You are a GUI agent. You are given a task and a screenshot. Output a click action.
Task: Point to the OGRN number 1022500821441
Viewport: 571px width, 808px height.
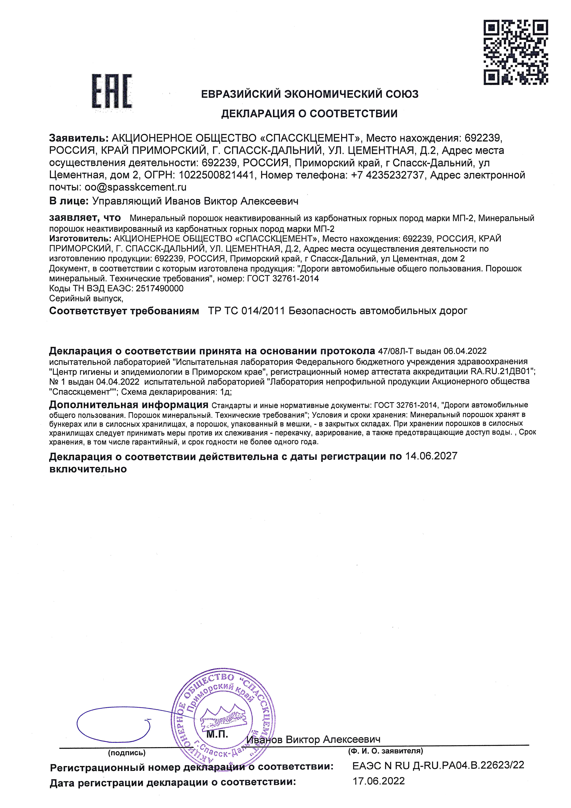point(216,175)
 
